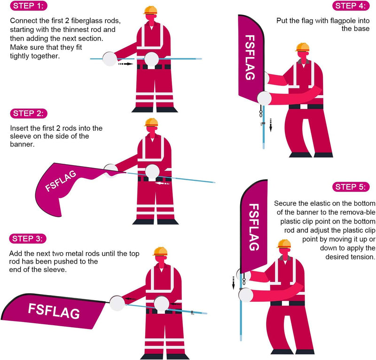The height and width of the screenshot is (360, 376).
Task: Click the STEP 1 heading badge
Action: tap(29, 6)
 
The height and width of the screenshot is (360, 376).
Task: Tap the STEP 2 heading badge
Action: tap(29, 113)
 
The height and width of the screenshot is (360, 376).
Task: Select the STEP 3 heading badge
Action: tap(28, 239)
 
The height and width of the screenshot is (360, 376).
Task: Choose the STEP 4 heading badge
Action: tap(351, 6)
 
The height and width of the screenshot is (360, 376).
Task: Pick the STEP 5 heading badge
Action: tap(351, 187)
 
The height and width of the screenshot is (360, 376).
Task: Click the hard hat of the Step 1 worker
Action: tap(150, 10)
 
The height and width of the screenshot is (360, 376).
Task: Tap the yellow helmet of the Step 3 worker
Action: tap(160, 251)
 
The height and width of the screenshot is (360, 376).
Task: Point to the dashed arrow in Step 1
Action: tap(125, 64)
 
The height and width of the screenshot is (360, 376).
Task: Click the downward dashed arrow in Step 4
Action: tap(271, 125)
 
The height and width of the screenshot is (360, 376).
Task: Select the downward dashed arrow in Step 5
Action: tap(233, 283)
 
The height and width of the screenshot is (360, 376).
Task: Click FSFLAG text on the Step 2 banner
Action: tap(61, 181)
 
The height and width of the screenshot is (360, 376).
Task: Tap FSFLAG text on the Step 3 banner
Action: tap(54, 311)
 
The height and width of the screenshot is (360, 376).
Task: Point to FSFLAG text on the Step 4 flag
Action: tap(250, 57)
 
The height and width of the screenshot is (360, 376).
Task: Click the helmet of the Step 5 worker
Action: tap(284, 243)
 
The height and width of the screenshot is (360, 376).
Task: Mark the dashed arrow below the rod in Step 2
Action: tap(162, 184)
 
